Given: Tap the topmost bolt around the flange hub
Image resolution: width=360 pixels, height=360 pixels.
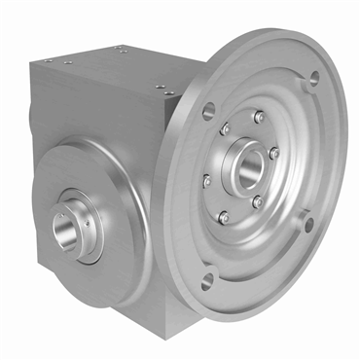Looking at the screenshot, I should [x=259, y=117].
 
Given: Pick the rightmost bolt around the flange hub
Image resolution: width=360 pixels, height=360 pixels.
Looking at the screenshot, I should [x=274, y=153].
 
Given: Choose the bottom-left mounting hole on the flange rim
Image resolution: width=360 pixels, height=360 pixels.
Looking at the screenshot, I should [x=205, y=282].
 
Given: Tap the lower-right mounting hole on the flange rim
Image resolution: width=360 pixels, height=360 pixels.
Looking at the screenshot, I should [x=309, y=226].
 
